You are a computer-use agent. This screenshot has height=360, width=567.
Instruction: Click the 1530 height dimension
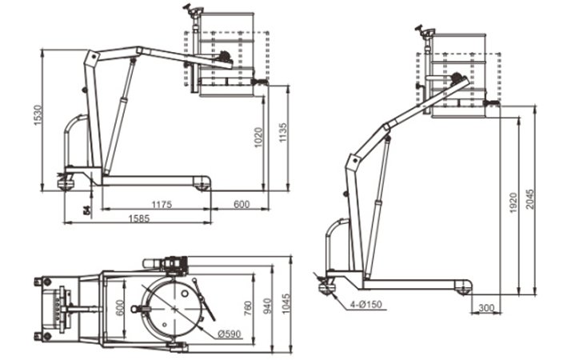(x=36, y=116)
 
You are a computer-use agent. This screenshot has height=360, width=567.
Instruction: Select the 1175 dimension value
(x=162, y=204)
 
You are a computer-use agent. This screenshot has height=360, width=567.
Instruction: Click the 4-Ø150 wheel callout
(x=365, y=304)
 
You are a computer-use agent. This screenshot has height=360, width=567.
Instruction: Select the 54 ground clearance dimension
(x=85, y=210)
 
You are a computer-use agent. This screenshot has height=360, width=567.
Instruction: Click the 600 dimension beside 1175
(x=241, y=204)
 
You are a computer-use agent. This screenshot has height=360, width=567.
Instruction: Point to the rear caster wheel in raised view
(x=326, y=286)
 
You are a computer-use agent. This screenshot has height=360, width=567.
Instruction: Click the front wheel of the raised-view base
(x=463, y=286)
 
